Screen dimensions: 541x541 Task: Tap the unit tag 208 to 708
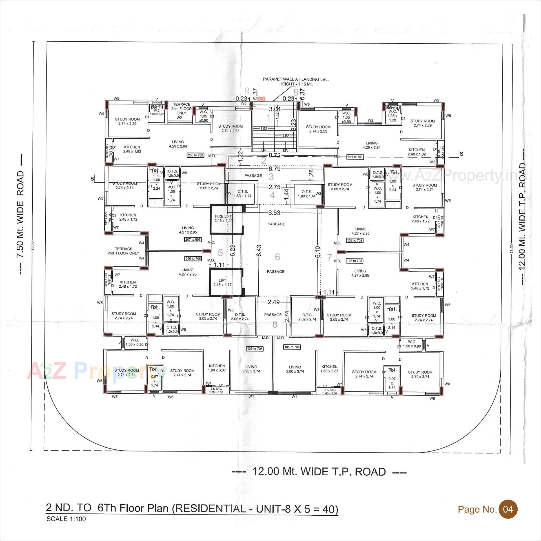[196, 155]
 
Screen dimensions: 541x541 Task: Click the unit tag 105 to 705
[255, 349]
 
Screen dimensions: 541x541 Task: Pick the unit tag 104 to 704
[292, 347]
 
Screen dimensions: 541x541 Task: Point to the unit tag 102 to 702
[354, 240]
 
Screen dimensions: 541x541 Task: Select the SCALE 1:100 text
[66, 519]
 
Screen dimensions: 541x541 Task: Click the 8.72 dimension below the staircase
[274, 155]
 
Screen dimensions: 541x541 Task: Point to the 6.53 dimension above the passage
[274, 213]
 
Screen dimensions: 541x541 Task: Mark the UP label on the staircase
[263, 150]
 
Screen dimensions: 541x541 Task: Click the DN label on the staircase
[285, 150]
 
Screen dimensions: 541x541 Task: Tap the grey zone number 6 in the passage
[277, 257]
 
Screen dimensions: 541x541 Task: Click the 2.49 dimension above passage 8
[274, 302]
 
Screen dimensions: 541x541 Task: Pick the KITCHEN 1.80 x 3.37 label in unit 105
[217, 368]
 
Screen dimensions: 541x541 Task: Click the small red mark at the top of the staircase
[262, 99]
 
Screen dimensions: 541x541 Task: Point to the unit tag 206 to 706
[193, 258]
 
